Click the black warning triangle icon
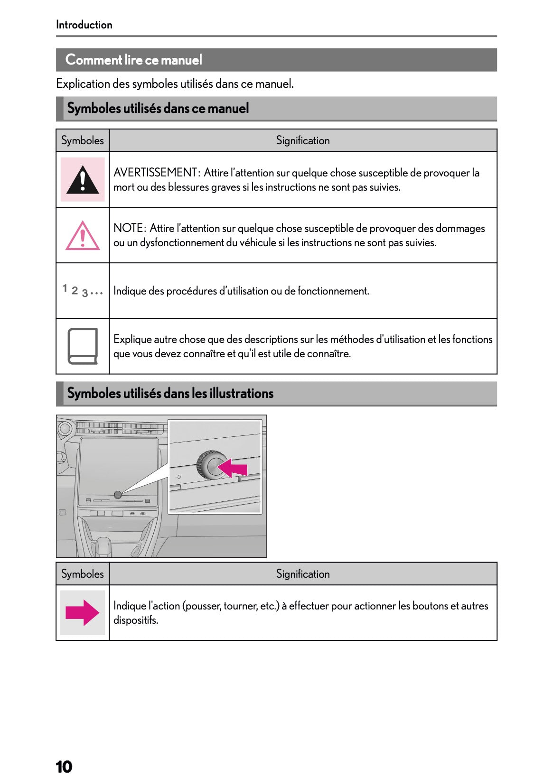83,180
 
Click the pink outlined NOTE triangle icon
83,236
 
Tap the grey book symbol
83,346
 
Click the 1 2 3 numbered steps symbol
82,290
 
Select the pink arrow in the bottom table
82,612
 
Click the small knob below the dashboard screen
118,495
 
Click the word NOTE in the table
128,228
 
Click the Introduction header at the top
84,25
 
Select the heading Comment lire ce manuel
133,60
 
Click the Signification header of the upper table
303,140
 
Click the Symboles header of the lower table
82,574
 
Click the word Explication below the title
83,84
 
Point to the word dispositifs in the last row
135,620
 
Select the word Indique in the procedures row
130,291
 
